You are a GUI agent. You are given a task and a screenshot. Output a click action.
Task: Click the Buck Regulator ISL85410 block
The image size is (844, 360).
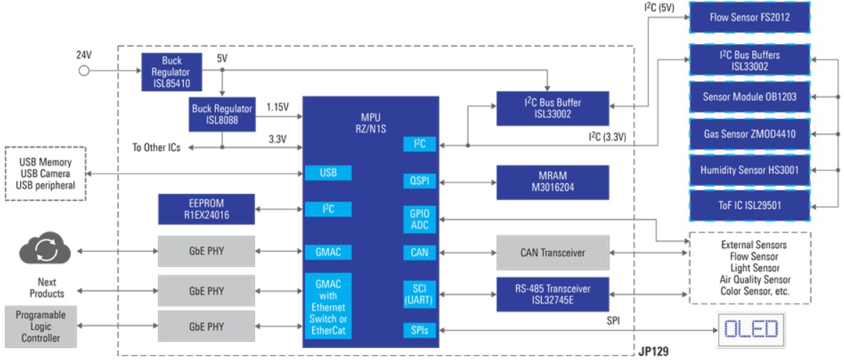171,71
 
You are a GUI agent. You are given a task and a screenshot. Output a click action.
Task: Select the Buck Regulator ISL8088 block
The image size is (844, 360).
222,114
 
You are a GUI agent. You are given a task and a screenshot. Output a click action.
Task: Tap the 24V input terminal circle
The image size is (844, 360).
84,71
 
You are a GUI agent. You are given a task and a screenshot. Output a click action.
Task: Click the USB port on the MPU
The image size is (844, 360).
327,173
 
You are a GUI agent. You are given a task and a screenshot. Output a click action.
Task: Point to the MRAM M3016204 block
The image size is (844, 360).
552,182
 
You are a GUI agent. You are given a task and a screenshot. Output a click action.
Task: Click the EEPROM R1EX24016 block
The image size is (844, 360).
205,209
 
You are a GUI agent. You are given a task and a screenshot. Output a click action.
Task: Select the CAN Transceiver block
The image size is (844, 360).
552,252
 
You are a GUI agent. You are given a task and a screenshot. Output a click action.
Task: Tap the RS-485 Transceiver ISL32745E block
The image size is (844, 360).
552,294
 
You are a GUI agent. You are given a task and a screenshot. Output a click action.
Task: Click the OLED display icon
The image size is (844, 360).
750,329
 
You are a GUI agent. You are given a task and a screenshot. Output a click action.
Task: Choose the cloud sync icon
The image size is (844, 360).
44,250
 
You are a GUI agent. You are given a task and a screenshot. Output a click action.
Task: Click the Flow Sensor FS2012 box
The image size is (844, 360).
749,17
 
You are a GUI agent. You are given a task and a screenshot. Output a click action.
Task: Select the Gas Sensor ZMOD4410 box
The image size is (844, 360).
749,134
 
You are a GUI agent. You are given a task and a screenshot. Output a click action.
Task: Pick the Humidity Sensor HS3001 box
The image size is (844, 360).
749,170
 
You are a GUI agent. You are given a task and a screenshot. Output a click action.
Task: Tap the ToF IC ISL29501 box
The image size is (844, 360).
749,206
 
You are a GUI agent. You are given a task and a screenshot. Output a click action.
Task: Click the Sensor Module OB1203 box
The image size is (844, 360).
749,97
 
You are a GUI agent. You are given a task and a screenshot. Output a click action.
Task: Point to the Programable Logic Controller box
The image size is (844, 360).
41,326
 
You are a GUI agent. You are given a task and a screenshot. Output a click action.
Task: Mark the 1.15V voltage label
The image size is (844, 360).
277,107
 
